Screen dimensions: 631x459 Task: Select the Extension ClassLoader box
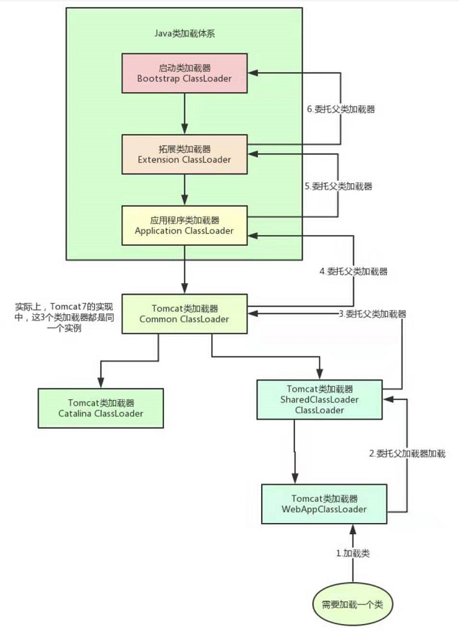tap(184, 154)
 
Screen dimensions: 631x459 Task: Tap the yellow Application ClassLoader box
tap(184, 225)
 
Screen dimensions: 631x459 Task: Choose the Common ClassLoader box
tap(184, 313)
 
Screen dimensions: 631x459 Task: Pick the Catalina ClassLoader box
tap(101, 408)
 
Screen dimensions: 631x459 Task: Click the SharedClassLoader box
tap(319, 400)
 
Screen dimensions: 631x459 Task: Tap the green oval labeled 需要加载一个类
tap(352, 603)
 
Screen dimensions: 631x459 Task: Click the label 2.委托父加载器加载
tap(406, 454)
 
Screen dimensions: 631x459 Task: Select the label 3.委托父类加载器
tap(372, 313)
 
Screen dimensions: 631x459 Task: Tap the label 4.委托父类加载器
tap(353, 272)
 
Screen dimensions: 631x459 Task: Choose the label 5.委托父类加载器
tap(339, 186)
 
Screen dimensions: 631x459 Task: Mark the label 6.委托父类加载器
tap(341, 109)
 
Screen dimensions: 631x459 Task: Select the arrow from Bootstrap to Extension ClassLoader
tap(184, 113)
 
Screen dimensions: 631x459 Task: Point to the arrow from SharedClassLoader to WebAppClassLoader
tap(296, 451)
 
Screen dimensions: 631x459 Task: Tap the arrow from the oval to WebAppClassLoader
tap(352, 554)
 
